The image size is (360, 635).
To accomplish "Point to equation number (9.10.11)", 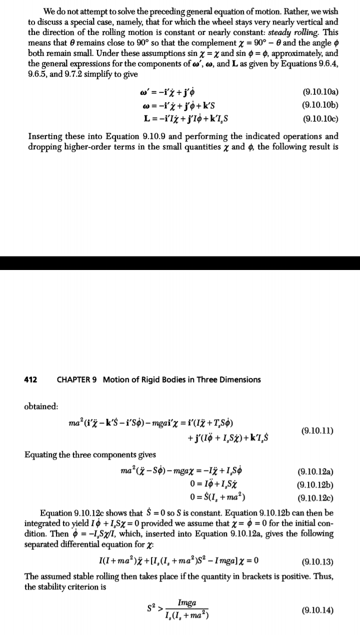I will click(317, 430).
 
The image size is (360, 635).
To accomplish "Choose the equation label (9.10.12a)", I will click(315, 471).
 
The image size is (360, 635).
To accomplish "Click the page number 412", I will click(30, 379).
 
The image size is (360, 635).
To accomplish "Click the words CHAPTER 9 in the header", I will click(76, 379).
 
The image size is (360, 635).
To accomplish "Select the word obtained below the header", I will click(41, 406).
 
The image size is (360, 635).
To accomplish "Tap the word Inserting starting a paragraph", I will click(45, 136).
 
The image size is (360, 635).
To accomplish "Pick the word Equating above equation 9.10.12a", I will click(42, 454).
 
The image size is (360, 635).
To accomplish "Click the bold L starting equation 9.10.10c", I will click(146, 119).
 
